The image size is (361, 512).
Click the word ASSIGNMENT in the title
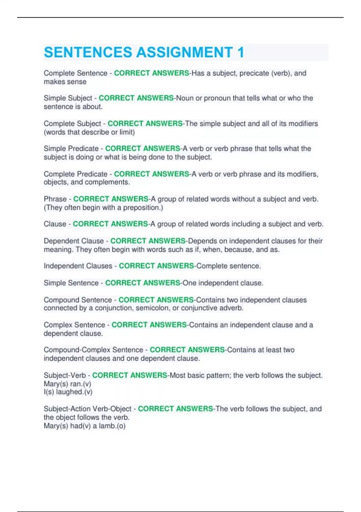click(184, 52)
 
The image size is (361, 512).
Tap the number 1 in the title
click(240, 52)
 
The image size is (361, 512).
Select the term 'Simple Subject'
click(68, 98)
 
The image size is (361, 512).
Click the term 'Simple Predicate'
click(71, 148)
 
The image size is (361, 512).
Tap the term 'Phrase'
click(55, 199)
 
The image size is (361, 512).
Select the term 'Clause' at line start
click(55, 224)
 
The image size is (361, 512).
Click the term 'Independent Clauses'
click(78, 266)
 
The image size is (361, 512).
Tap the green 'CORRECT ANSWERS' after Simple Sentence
click(142, 283)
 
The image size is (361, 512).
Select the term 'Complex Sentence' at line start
click(74, 325)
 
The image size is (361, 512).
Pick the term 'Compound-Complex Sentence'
click(93, 350)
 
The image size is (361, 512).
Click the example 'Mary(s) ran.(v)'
click(67, 384)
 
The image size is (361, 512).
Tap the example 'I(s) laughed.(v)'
click(68, 392)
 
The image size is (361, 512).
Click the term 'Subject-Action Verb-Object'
click(88, 409)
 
